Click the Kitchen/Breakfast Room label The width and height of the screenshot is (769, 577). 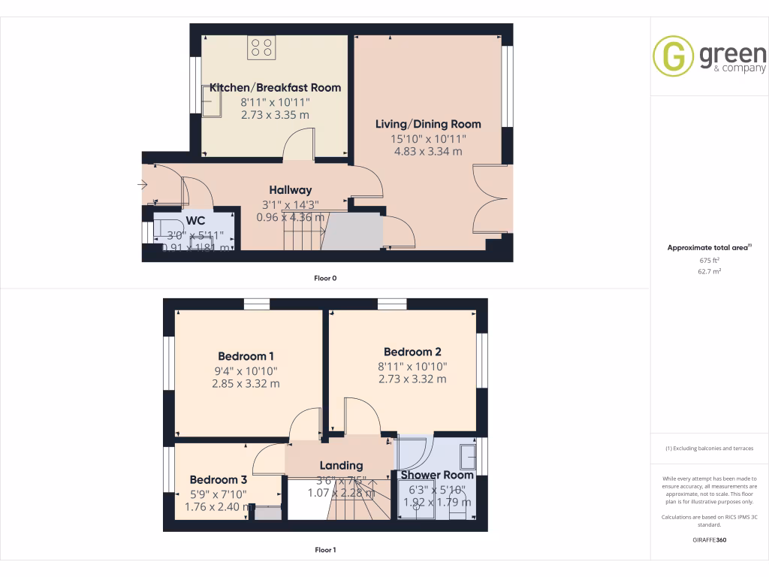point(275,87)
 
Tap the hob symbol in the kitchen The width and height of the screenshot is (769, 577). point(262,47)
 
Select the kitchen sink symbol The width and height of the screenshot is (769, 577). point(210,101)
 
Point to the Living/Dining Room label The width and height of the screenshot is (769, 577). point(428,124)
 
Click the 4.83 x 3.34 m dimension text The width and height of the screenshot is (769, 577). point(428,152)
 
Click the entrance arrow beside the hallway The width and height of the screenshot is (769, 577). point(143,185)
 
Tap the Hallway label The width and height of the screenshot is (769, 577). point(291,190)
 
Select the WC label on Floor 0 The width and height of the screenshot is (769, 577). point(195,221)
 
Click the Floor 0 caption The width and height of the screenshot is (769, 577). point(325,278)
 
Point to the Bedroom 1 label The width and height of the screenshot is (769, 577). point(246,356)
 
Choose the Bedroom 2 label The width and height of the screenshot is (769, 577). point(412,352)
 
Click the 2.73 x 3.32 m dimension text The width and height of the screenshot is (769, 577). point(412,379)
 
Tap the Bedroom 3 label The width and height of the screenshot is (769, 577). point(218,480)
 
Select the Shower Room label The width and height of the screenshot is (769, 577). point(436,475)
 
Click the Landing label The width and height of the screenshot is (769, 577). point(341,466)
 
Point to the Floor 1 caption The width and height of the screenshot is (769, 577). point(325,550)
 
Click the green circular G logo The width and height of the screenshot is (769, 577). point(673,57)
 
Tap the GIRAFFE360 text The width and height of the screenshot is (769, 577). point(710,540)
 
